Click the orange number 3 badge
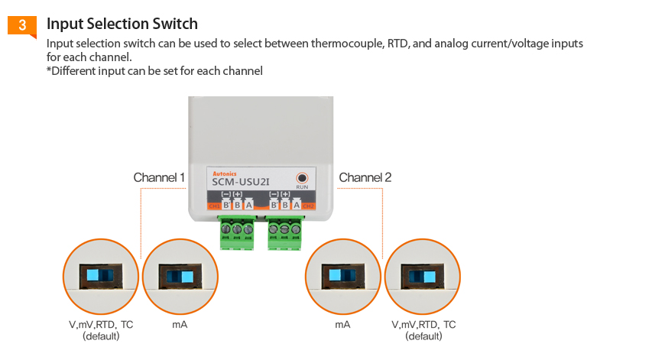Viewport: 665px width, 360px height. (x=22, y=25)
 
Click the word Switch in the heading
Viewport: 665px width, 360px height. (x=171, y=24)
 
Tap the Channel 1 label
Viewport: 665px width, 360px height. (x=159, y=177)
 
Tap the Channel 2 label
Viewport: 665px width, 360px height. (x=365, y=177)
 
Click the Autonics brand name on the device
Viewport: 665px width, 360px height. (x=224, y=174)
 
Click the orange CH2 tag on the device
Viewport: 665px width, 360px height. (x=308, y=206)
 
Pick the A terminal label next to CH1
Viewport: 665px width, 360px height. (x=248, y=205)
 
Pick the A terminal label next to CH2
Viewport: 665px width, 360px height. (x=296, y=205)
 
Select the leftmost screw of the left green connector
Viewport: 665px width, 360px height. (x=226, y=229)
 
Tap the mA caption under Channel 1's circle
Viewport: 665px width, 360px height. (x=180, y=325)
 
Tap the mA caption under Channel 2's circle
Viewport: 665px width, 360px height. (x=342, y=325)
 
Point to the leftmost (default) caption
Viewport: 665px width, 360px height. (x=101, y=336)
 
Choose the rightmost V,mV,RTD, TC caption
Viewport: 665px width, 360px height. (x=423, y=325)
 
